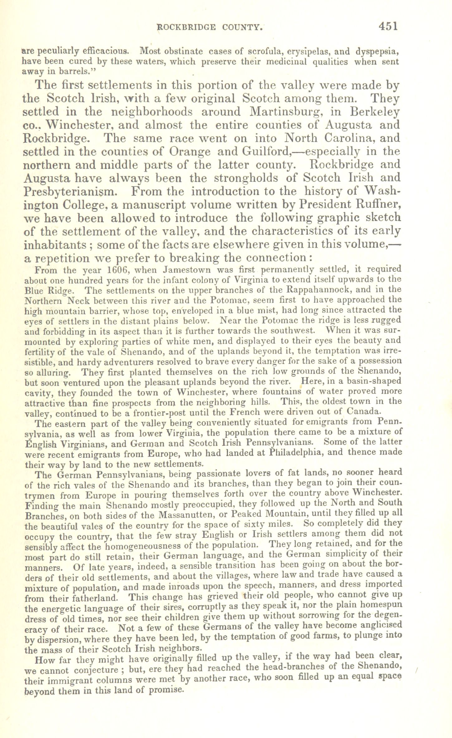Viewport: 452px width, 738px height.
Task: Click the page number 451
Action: [388, 26]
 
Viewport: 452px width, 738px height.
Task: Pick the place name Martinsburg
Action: [293, 112]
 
